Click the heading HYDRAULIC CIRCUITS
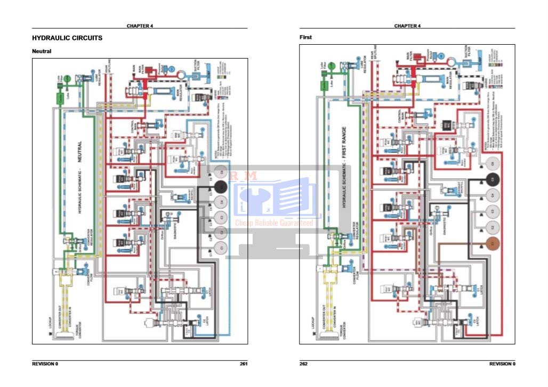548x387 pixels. pyautogui.click(x=67, y=38)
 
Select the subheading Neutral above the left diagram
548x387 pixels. pyautogui.click(x=42, y=51)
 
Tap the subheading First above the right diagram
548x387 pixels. pyautogui.click(x=305, y=37)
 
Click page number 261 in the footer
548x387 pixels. pyautogui.click(x=244, y=364)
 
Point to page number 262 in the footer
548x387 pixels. pyautogui.click(x=304, y=364)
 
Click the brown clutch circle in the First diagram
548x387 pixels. pyautogui.click(x=493, y=243)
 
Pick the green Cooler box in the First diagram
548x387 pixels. pyautogui.click(x=324, y=85)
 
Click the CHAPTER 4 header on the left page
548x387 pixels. pyautogui.click(x=140, y=26)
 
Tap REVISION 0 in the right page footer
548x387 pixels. pyautogui.click(x=502, y=364)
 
